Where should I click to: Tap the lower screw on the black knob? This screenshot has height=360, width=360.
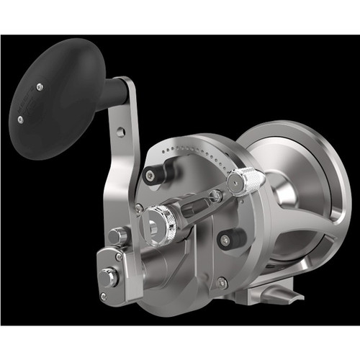20,120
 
